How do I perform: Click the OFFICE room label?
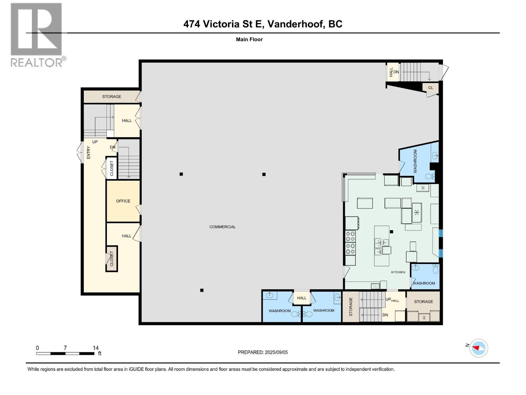pyautogui.click(x=123, y=201)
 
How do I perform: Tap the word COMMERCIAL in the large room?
pyautogui.click(x=223, y=227)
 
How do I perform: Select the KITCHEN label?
pyautogui.click(x=398, y=272)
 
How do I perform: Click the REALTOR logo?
pyautogui.click(x=36, y=35)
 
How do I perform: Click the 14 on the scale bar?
pyautogui.click(x=96, y=348)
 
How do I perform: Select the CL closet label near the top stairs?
pyautogui.click(x=431, y=88)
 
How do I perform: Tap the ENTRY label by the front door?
pyautogui.click(x=88, y=153)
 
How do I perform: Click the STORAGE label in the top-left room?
pyautogui.click(x=111, y=97)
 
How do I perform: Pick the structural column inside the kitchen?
pyautogui.click(x=392, y=232)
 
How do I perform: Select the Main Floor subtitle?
pyautogui.click(x=249, y=39)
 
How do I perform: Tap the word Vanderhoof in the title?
pyautogui.click(x=295, y=24)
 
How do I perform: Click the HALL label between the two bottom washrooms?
pyautogui.click(x=301, y=298)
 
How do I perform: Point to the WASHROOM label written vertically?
pyautogui.click(x=415, y=161)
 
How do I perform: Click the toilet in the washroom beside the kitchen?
pyautogui.click(x=436, y=270)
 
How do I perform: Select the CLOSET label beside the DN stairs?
pyautogui.click(x=112, y=168)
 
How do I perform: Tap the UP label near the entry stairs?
pyautogui.click(x=95, y=142)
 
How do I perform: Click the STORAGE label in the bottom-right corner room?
pyautogui.click(x=423, y=302)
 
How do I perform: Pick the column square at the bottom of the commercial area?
pyautogui.click(x=202, y=290)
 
